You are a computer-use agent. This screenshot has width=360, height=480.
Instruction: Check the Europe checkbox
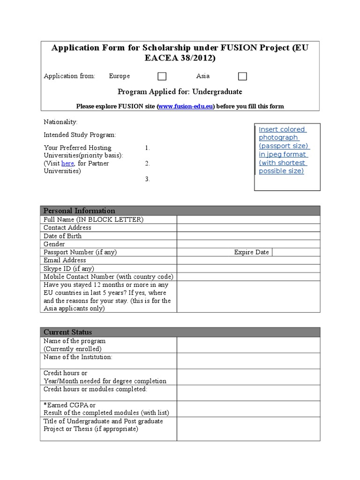[162, 76]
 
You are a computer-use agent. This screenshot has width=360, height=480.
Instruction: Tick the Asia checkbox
[242, 76]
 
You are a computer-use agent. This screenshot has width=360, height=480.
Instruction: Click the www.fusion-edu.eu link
[186, 106]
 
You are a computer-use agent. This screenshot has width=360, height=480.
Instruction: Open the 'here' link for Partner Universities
[67, 163]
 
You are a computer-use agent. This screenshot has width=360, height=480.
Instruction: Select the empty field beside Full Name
[248, 219]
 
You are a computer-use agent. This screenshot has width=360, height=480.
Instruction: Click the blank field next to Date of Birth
[248, 236]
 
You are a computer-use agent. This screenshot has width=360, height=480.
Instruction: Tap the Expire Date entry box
[296, 252]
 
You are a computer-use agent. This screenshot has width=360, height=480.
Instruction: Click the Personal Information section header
[79, 210]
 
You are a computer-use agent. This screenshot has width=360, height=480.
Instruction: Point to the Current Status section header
[67, 332]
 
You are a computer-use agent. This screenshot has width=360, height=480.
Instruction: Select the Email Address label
[65, 260]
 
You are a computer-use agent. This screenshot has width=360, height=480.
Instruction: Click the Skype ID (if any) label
[68, 269]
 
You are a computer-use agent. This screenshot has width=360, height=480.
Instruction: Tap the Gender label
[54, 244]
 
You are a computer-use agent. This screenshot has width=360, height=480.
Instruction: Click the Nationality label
[60, 122]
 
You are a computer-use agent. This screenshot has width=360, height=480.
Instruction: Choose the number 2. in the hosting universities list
[147, 164]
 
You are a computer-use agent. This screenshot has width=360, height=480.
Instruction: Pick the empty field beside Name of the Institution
[248, 360]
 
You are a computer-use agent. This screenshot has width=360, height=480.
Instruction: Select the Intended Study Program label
[79, 135]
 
